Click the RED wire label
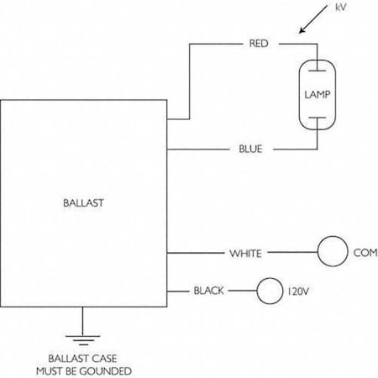(258, 42)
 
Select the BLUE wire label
(249, 150)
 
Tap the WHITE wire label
(246, 252)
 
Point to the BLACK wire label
(208, 291)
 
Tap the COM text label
(364, 252)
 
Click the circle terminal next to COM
(332, 251)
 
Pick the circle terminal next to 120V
(270, 291)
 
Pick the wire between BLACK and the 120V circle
(241, 291)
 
